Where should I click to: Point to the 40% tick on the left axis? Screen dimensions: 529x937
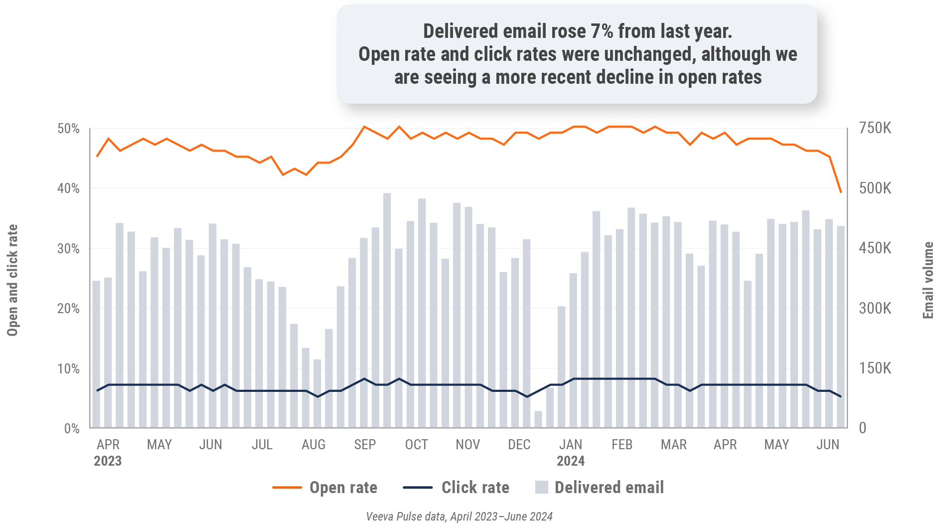(68, 188)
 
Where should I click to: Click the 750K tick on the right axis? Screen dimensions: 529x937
(875, 128)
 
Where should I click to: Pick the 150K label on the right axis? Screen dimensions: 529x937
(875, 368)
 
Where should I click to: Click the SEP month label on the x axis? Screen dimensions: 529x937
(365, 445)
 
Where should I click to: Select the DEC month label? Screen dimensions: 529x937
(519, 445)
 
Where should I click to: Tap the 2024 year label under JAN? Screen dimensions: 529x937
(571, 461)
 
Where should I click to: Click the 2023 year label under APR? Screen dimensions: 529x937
(108, 461)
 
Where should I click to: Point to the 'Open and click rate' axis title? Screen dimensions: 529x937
(12, 280)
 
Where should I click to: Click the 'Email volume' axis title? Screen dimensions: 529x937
(928, 280)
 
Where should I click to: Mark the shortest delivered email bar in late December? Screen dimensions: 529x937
(538, 419)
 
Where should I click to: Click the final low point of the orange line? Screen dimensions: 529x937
(841, 192)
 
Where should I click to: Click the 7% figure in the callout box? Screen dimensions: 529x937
(602, 31)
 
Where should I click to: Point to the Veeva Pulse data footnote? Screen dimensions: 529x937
(459, 517)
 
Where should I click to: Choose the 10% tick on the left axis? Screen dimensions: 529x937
(68, 369)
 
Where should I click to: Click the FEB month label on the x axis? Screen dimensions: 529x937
(622, 445)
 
